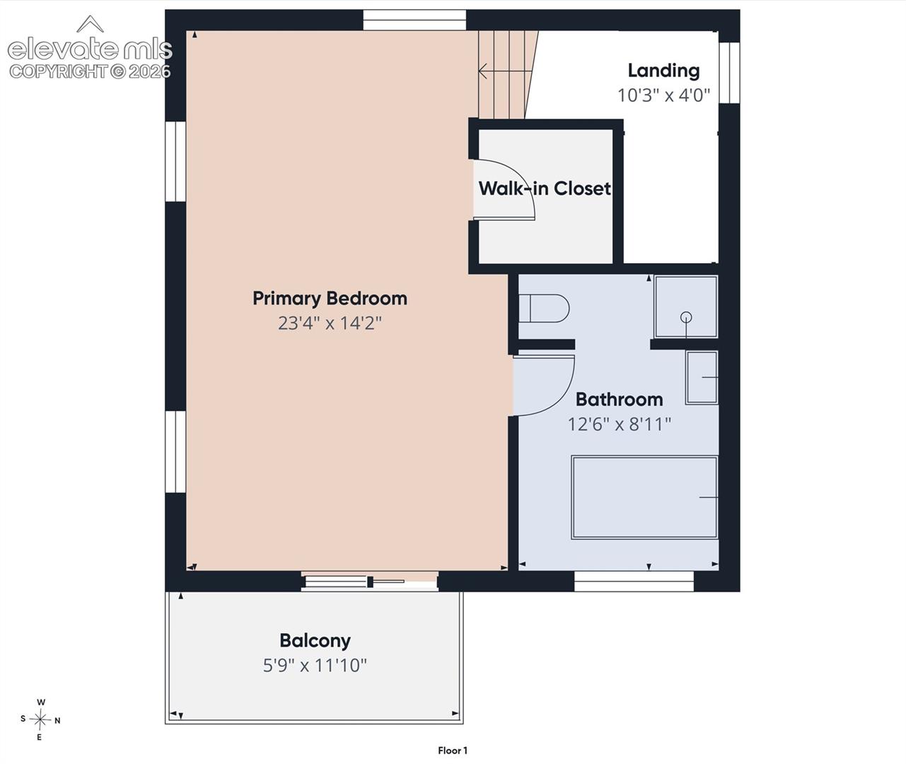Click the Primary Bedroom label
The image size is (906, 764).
[x=330, y=299]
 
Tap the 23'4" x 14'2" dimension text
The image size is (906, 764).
[x=330, y=323]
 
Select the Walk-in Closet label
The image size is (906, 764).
[x=545, y=188]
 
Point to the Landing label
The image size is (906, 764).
[x=664, y=71]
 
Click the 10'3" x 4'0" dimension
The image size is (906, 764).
[x=664, y=95]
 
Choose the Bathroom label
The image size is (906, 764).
[x=619, y=400]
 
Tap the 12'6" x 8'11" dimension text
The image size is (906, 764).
[x=619, y=424]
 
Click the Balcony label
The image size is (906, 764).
[x=315, y=641]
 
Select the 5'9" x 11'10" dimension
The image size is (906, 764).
[x=315, y=666]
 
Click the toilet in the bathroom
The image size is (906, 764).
[x=544, y=308]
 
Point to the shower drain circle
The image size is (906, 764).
[x=686, y=317]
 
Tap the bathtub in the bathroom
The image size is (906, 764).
[x=644, y=497]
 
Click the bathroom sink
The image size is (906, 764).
[x=702, y=378]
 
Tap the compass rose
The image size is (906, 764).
[x=40, y=719]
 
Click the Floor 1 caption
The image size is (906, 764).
[x=453, y=750]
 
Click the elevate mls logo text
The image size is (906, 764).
[x=90, y=49]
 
